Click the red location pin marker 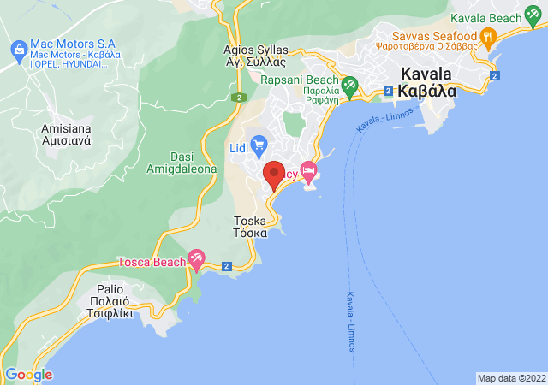pyautogui.click(x=273, y=175)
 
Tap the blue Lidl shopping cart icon pyautogui.click(x=259, y=144)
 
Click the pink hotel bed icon pyautogui.click(x=308, y=172)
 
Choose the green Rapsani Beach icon pyautogui.click(x=348, y=85)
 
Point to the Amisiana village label pyautogui.click(x=67, y=135)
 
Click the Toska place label pyautogui.click(x=251, y=226)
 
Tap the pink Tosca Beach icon pyautogui.click(x=196, y=258)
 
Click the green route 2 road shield pyautogui.click(x=236, y=98)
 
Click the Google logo pyautogui.click(x=28, y=375)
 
